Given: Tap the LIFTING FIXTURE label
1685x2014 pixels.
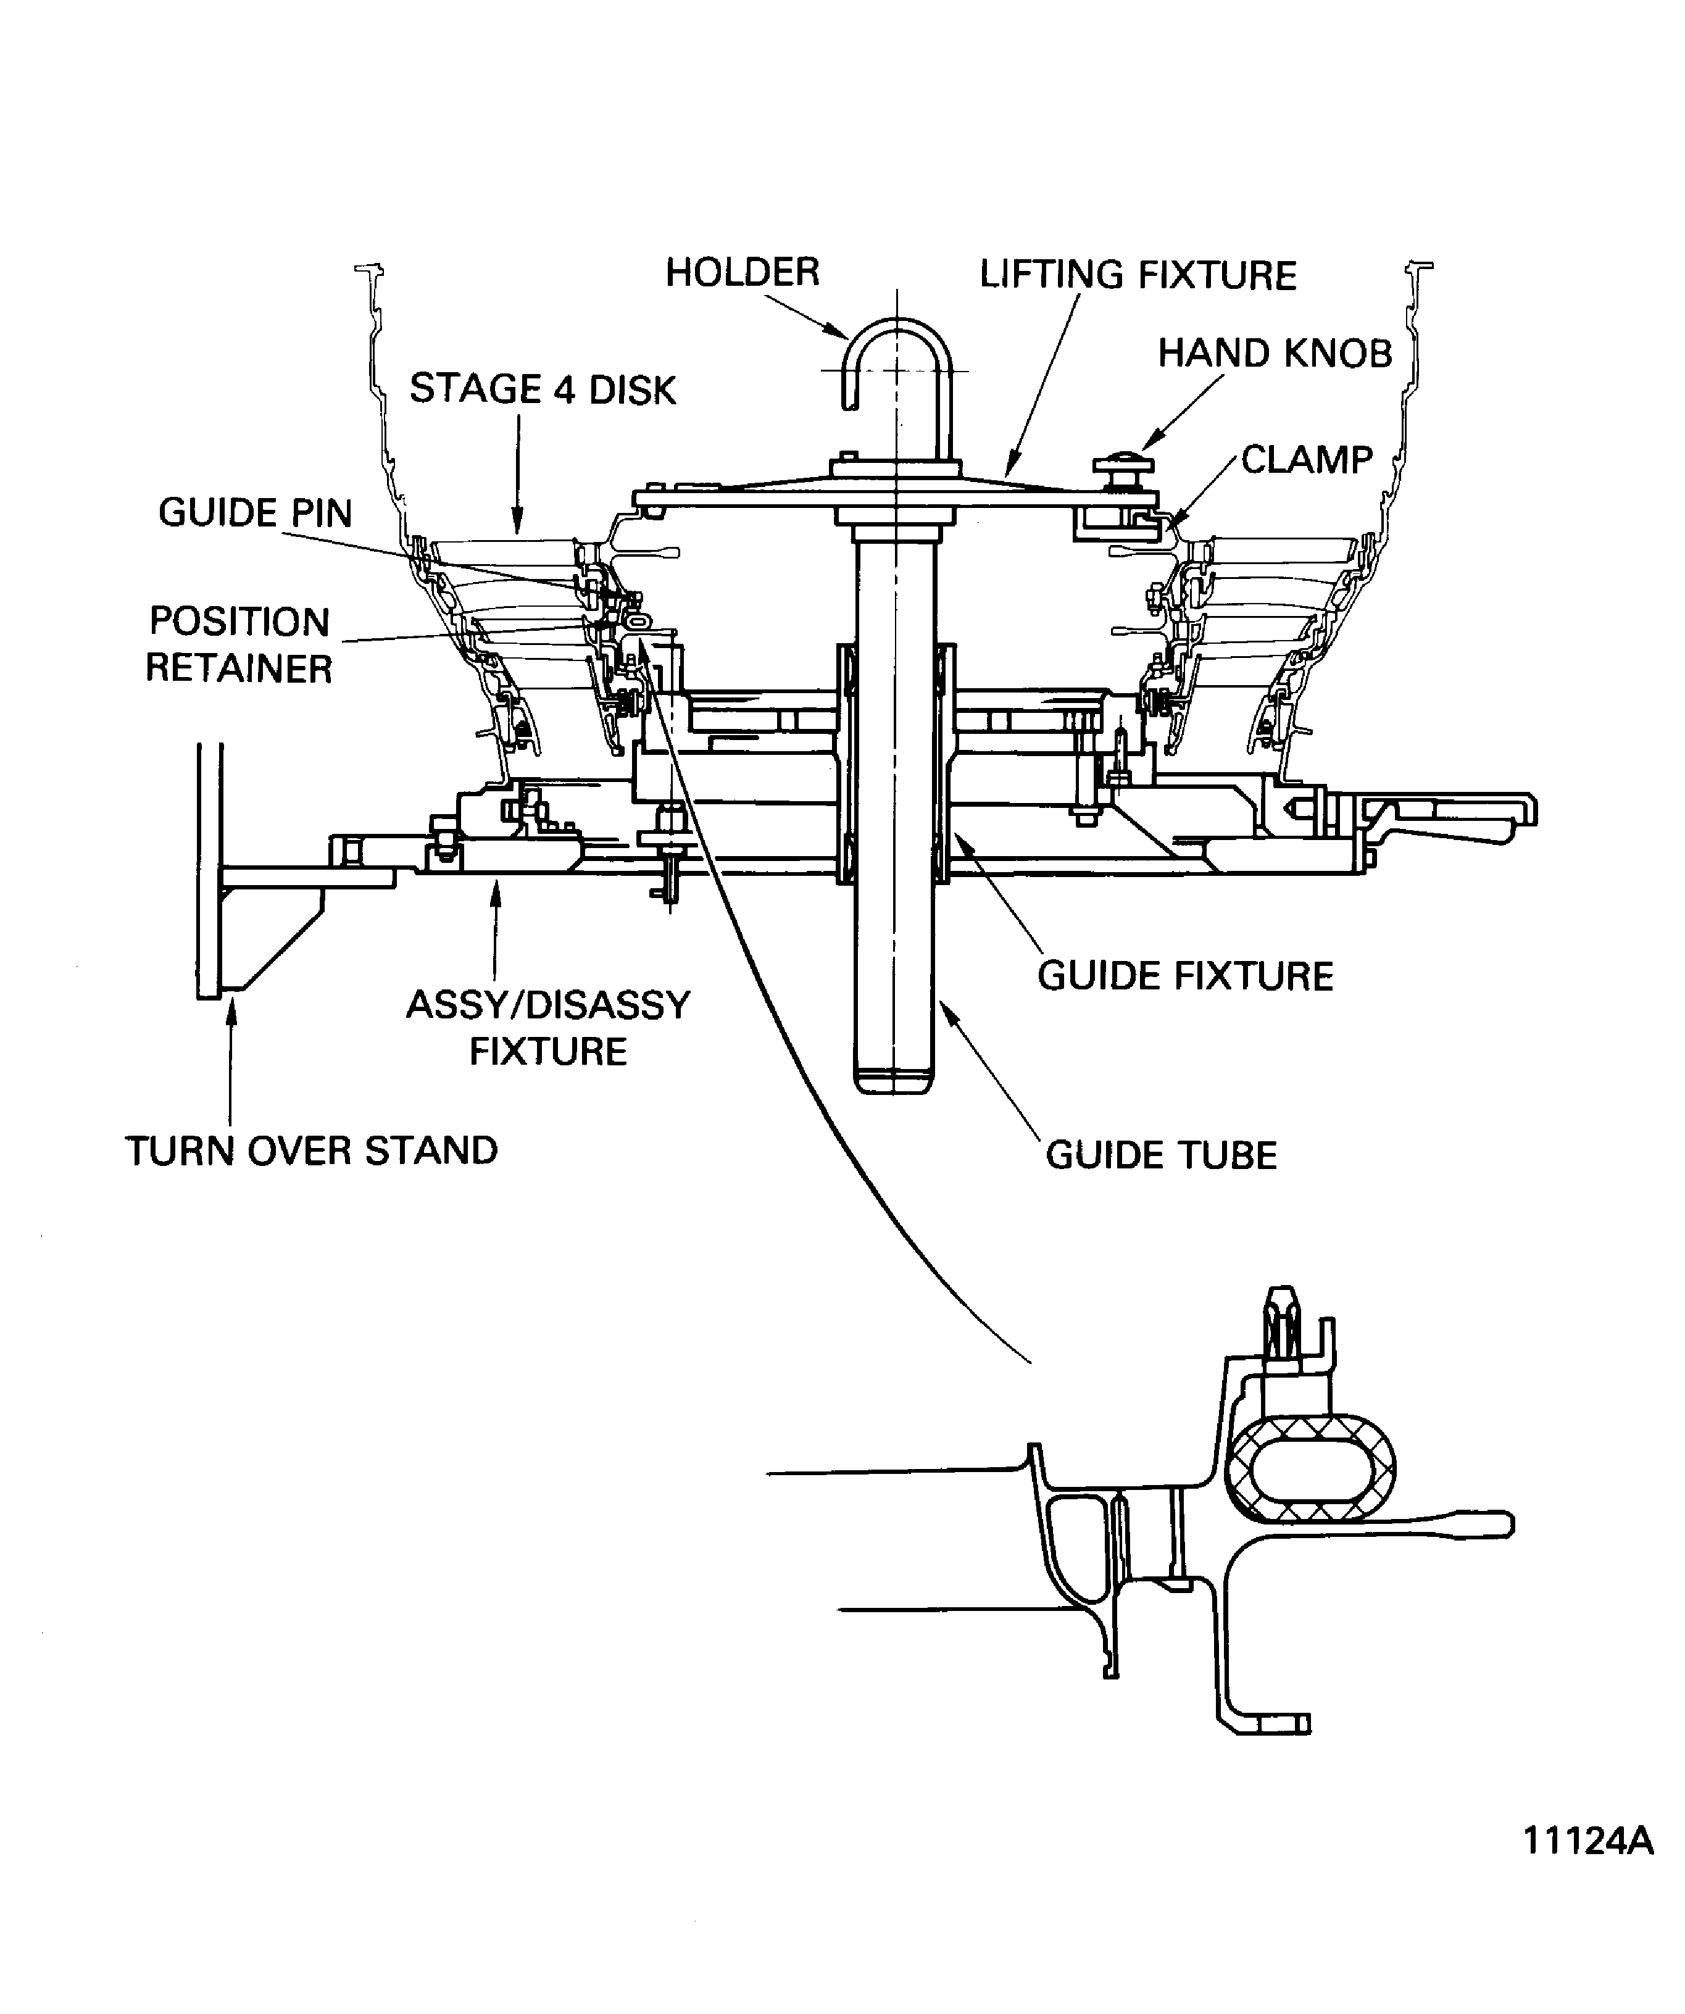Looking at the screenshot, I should click(x=1138, y=275).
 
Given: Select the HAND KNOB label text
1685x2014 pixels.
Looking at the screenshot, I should click(x=1275, y=354).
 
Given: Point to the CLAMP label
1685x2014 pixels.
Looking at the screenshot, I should click(x=1306, y=460).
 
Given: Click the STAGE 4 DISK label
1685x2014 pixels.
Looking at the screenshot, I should click(x=543, y=389).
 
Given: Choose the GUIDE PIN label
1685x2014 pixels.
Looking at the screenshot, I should click(x=255, y=513).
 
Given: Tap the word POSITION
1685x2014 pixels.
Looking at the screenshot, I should click(x=239, y=622).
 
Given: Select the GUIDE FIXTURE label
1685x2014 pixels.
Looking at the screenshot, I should click(x=1185, y=976).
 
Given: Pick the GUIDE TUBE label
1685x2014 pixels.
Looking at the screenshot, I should click(x=1160, y=1155).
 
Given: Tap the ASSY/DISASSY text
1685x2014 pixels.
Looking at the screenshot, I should click(x=547, y=1005).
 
